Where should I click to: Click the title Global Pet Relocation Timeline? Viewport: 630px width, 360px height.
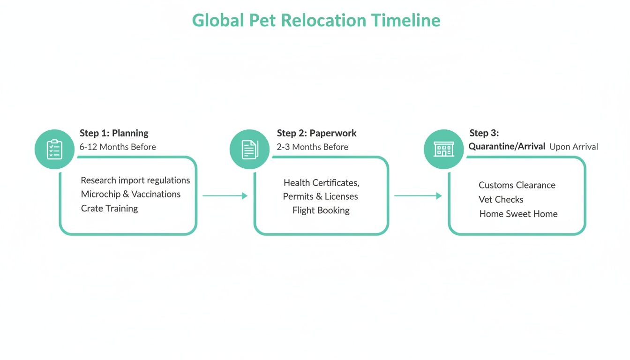(316, 21)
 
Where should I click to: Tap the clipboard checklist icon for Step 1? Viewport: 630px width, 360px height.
(54, 149)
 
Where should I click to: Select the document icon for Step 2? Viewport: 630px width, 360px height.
(249, 149)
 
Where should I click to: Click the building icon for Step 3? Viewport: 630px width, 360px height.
(443, 149)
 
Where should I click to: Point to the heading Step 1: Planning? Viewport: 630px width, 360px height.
(114, 133)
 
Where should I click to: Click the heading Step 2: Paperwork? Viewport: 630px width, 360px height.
(316, 133)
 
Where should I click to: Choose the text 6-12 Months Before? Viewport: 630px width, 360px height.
(118, 147)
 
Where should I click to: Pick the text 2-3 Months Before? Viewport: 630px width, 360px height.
(312, 147)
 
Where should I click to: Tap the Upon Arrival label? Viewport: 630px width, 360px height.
(573, 147)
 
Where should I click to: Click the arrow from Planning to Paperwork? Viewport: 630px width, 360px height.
(225, 196)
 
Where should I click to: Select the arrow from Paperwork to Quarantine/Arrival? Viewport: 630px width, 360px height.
(418, 196)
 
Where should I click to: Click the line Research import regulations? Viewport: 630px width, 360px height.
(135, 180)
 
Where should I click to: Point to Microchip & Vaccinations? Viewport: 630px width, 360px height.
(130, 194)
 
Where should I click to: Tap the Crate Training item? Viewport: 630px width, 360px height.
(109, 208)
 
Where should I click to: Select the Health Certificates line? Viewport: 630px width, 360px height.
(321, 183)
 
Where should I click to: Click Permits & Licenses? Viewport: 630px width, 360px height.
(320, 196)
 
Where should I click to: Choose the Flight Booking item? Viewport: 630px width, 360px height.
(321, 210)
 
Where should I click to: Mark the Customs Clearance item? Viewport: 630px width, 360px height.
(517, 185)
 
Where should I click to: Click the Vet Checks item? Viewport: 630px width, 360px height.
(501, 200)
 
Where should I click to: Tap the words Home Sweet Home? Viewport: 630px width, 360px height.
(518, 214)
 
